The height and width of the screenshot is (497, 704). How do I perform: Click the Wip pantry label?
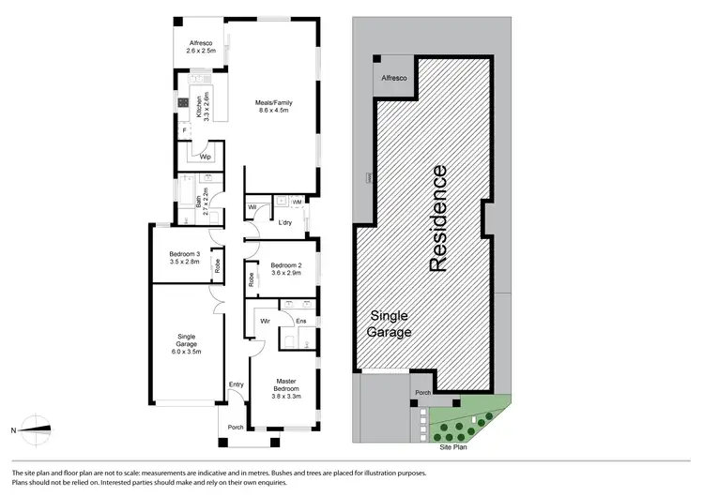[206, 158]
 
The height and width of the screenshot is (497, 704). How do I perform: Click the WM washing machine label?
[297, 202]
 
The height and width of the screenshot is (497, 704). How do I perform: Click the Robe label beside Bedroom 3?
[217, 265]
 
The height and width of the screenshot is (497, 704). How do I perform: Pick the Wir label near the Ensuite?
[266, 322]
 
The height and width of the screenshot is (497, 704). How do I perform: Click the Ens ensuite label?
[300, 322]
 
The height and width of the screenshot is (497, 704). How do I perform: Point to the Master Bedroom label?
[286, 385]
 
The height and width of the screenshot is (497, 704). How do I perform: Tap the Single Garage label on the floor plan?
[186, 342]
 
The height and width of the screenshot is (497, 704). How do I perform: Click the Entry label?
[236, 384]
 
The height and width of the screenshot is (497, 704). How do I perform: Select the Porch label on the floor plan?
[235, 429]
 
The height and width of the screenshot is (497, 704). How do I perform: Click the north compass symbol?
[35, 429]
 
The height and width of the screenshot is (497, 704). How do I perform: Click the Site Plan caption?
[454, 447]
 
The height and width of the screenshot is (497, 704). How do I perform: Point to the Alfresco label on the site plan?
[393, 81]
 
